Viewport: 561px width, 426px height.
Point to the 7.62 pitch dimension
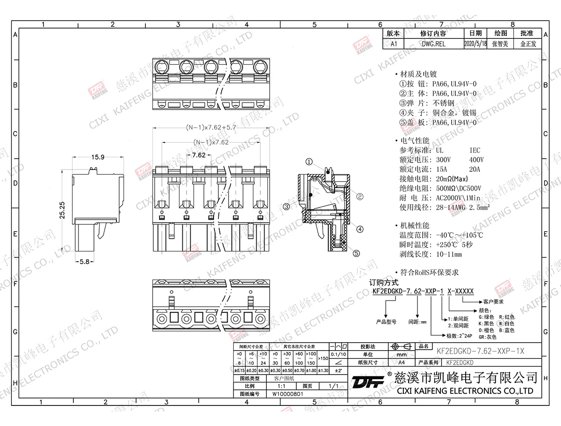pyautogui.click(x=199, y=154)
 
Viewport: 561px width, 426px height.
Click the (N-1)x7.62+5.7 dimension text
pyautogui.click(x=212, y=127)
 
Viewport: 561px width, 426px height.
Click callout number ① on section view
pyautogui.click(x=309, y=162)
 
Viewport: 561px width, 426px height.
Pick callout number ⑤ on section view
pyautogui.click(x=356, y=253)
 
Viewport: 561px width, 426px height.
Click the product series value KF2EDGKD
pyautogui.click(x=460, y=362)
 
